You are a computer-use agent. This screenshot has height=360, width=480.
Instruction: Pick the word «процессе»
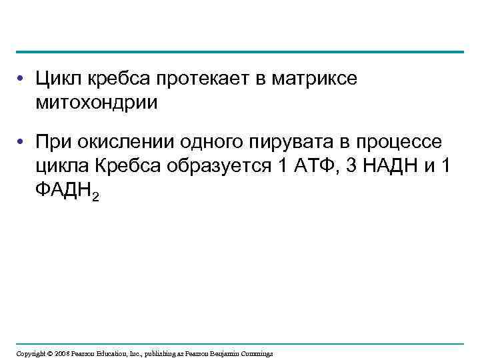click(398, 143)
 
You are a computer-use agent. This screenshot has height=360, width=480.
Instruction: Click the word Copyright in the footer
click(31, 353)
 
